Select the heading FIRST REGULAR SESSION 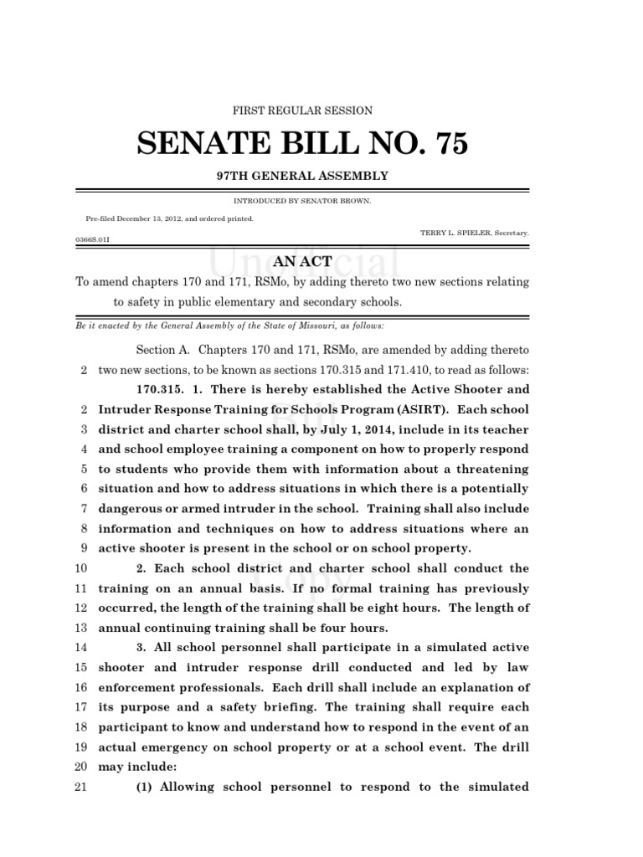click(302, 110)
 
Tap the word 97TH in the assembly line click(236, 177)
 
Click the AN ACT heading click(302, 262)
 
